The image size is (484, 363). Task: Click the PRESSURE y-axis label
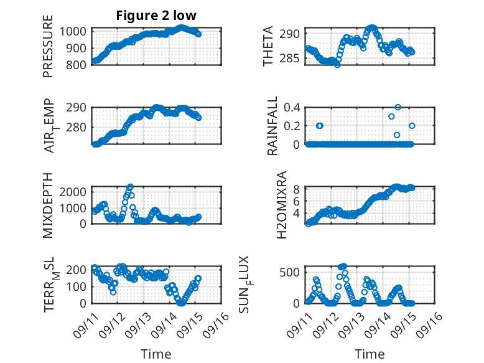48,50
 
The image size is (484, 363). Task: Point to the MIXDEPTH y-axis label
48,205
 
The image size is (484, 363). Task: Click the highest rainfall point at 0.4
398,107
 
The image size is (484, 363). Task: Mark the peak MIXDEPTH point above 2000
130,186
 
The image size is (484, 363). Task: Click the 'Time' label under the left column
156,354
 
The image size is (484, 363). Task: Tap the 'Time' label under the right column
370,354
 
